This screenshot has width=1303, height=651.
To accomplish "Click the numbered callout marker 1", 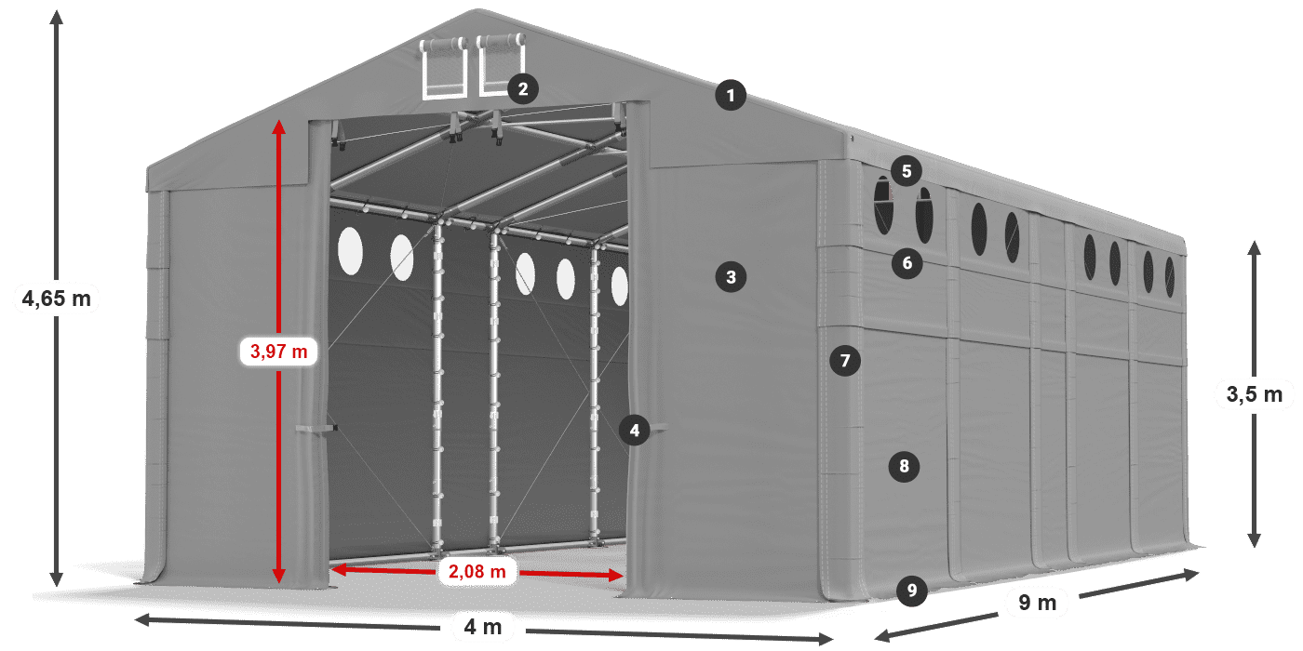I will pos(731,95).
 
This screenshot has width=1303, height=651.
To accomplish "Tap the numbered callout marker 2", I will pos(522,89).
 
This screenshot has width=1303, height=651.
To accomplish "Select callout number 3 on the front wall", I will pos(731,276).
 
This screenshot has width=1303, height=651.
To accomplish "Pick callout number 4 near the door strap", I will pos(634,430).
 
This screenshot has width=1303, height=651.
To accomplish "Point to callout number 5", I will pos(906,170).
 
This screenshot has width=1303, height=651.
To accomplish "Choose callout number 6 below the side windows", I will pos(907,263).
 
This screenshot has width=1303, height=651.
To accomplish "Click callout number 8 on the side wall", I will pos(904,466).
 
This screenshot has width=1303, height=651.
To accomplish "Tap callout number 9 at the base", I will pos(912,590).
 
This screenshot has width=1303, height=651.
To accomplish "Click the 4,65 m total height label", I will pos(57,299).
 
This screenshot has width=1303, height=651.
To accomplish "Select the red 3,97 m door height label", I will pos(279,352).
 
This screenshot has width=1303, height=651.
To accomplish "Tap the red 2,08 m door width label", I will pos(477,572).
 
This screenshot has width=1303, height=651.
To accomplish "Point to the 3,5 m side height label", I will pos(1255,394).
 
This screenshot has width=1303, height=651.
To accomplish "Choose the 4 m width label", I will pos(482,628).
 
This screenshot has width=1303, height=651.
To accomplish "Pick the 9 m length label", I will pos(1038,604).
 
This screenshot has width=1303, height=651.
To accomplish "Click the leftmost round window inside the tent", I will pos(350,250).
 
